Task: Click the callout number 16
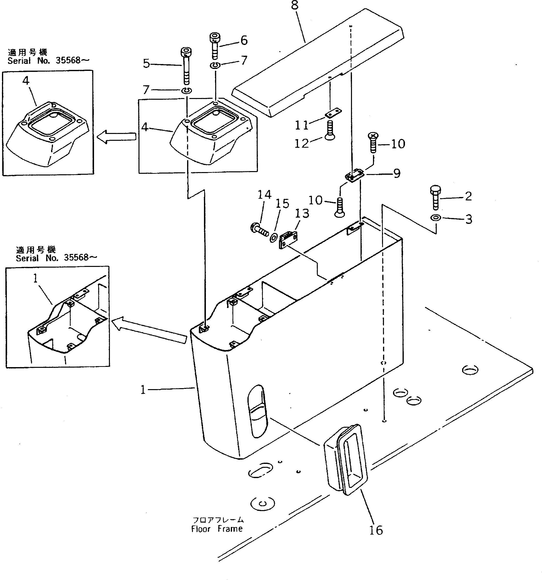[376, 530]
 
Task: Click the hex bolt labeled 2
[435, 197]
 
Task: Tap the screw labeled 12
[330, 131]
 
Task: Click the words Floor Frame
[217, 529]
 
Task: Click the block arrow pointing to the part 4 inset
[116, 137]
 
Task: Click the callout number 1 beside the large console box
[143, 390]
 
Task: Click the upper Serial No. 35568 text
[48, 61]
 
